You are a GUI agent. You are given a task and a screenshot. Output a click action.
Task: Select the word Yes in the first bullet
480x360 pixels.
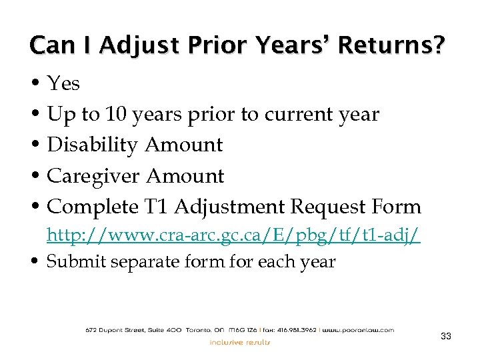click(64, 84)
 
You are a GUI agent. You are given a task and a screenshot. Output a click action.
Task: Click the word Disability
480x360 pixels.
click(93, 145)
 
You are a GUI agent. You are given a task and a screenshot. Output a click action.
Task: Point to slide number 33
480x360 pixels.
click(446, 337)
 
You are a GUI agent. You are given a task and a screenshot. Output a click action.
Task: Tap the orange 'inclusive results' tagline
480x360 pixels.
click(241, 342)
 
